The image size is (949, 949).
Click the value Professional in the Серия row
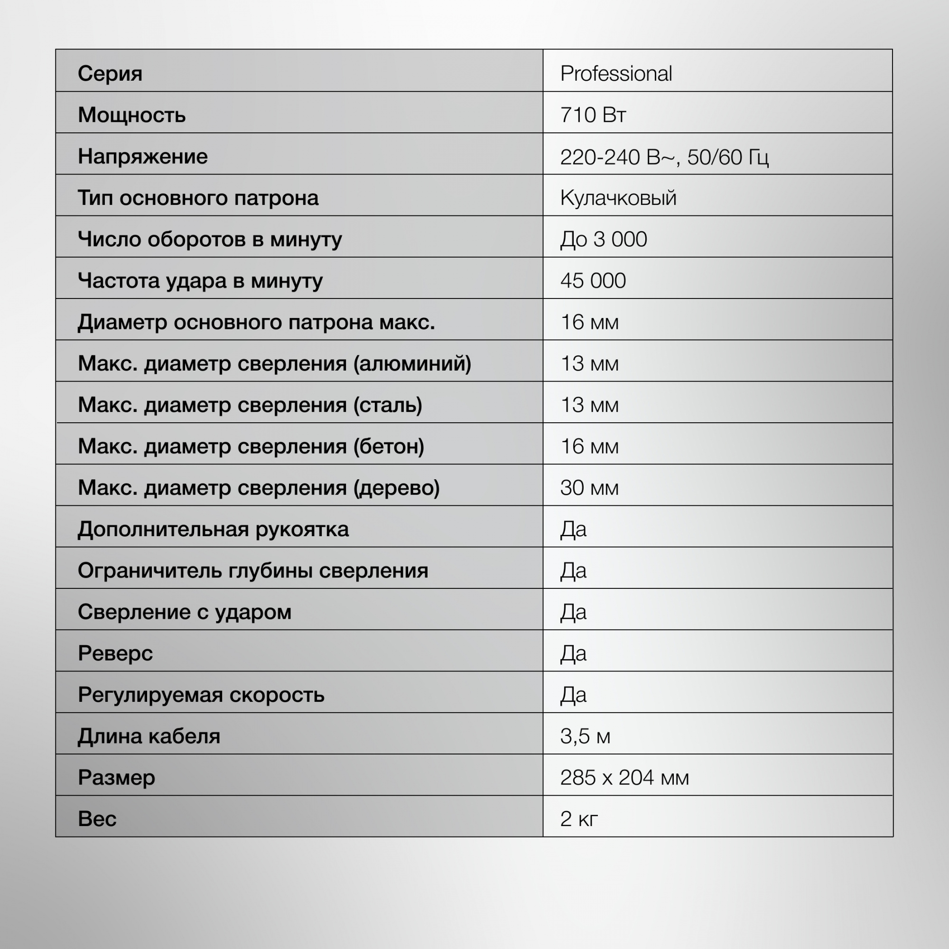[616, 74]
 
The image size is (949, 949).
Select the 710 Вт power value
[593, 115]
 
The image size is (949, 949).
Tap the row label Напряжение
[142, 157]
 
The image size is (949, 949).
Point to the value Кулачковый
[618, 198]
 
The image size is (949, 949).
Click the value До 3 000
[603, 239]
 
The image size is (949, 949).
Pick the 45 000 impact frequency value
[593, 280]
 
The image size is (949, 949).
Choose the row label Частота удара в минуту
[200, 280]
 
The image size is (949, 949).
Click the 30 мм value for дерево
[589, 488]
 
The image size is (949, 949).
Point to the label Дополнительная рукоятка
[213, 529]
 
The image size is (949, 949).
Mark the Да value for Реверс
[573, 653]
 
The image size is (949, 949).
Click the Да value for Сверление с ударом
[573, 612]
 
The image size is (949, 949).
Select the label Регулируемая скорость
[201, 695]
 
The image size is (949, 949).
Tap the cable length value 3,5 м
[585, 736]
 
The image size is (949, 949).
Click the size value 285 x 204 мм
[624, 778]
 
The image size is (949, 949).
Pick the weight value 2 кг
[578, 819]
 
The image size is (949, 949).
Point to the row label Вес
[97, 819]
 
